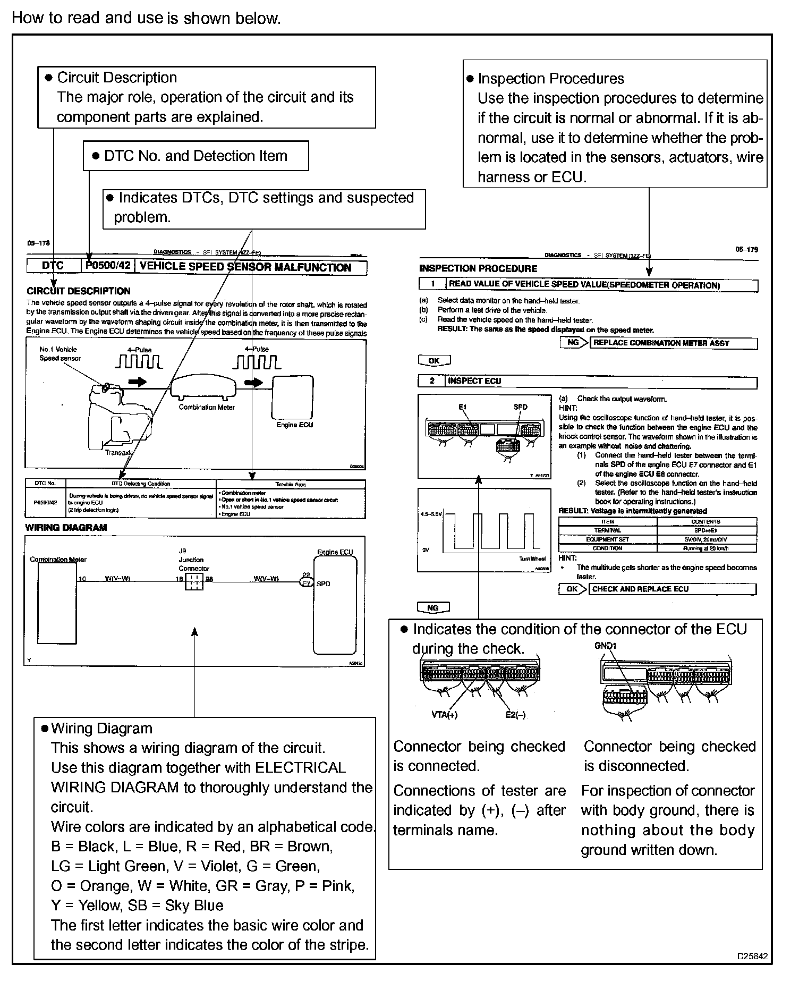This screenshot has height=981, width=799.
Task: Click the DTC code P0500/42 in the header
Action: (x=108, y=266)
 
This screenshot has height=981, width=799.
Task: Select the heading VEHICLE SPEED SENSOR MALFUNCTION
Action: (x=245, y=267)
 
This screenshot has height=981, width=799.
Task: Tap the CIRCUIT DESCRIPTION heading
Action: (x=79, y=291)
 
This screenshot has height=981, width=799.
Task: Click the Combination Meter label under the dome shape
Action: (x=207, y=407)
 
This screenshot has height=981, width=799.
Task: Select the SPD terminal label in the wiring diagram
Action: (x=323, y=583)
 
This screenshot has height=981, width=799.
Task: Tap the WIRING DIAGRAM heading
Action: (x=66, y=527)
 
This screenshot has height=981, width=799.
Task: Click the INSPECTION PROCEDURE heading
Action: (x=478, y=268)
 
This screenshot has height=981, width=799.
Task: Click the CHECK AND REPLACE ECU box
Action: (x=672, y=589)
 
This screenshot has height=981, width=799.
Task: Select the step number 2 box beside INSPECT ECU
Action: (x=432, y=381)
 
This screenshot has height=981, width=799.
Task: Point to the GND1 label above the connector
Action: (x=606, y=646)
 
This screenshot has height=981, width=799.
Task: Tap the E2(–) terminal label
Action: (x=515, y=715)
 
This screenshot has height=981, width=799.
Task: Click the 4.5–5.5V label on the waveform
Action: (x=431, y=514)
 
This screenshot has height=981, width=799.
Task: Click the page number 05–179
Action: (x=746, y=249)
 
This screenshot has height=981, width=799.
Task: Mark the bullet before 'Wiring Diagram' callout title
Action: (x=45, y=728)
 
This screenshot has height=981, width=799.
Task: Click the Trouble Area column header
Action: (x=291, y=484)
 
